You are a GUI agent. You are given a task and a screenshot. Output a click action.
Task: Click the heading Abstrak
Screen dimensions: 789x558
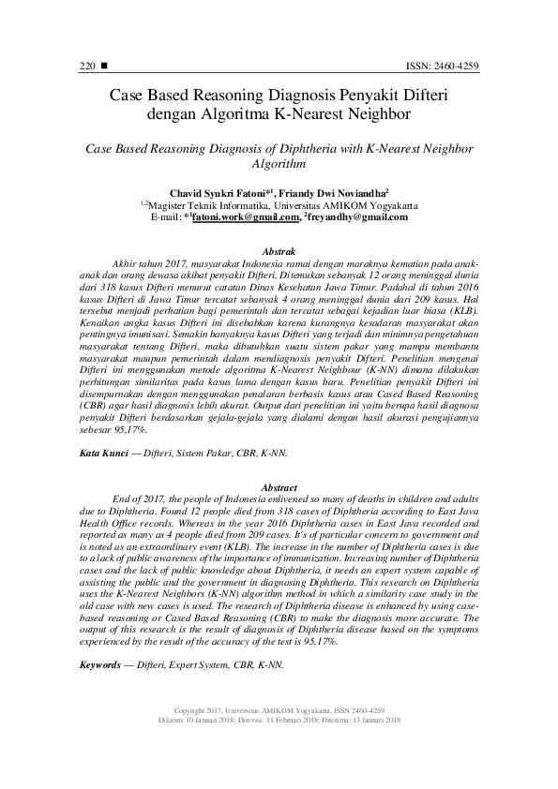click(x=279, y=251)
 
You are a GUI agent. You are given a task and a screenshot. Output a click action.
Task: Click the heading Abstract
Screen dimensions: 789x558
click(x=279, y=488)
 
